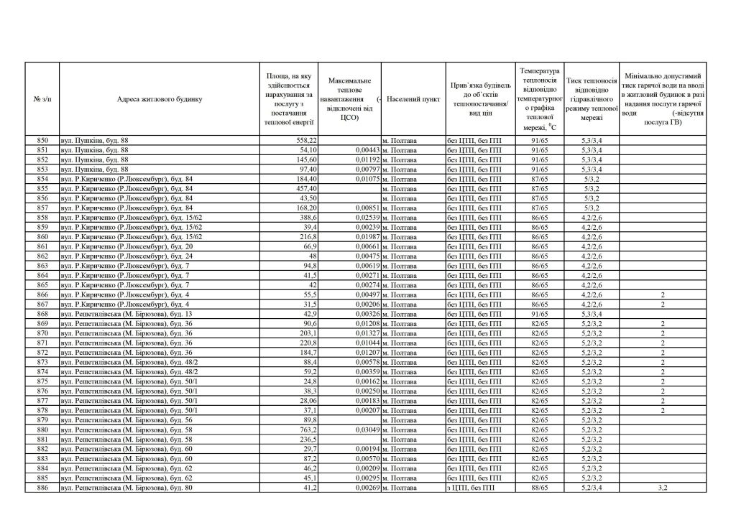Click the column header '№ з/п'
point(42,98)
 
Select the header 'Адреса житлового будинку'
point(160,98)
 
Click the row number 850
point(42,140)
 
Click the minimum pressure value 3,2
point(663,488)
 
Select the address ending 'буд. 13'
point(126,313)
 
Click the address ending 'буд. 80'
point(126,488)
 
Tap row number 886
point(42,488)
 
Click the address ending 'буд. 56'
point(126,419)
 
